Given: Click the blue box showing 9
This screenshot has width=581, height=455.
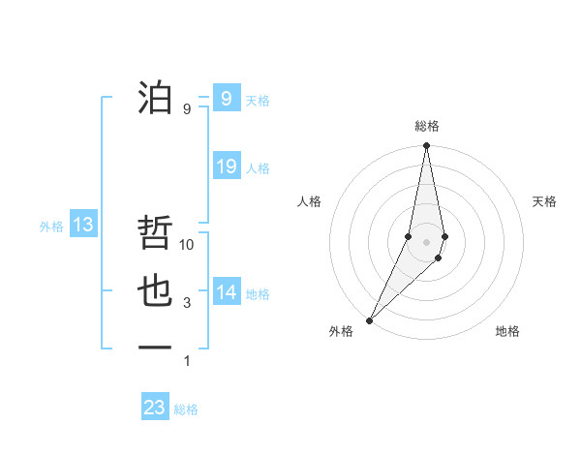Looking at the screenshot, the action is [226, 99].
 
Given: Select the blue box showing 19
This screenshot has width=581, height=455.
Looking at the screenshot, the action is [226, 167].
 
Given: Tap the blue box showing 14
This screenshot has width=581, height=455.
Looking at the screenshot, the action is [226, 292].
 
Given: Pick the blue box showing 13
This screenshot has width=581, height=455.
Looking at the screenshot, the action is [83, 226].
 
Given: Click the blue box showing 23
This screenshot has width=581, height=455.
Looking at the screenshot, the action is [155, 408].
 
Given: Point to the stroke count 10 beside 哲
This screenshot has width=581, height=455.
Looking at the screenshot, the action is [188, 245].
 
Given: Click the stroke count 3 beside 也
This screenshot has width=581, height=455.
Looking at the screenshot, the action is [187, 303].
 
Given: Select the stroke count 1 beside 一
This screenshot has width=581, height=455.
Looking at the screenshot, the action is [187, 361].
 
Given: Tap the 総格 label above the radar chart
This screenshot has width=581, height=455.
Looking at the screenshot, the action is [427, 126].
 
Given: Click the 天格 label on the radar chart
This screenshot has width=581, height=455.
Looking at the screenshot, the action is [545, 201].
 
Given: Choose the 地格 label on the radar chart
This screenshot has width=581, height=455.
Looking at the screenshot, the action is [507, 331].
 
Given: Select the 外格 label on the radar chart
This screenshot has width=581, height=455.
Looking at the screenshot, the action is [341, 331].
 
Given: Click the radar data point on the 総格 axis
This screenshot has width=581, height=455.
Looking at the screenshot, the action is [426, 146].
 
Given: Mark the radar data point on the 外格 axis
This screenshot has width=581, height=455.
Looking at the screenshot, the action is [370, 319].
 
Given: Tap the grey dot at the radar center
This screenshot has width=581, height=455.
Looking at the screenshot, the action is [426, 242].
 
